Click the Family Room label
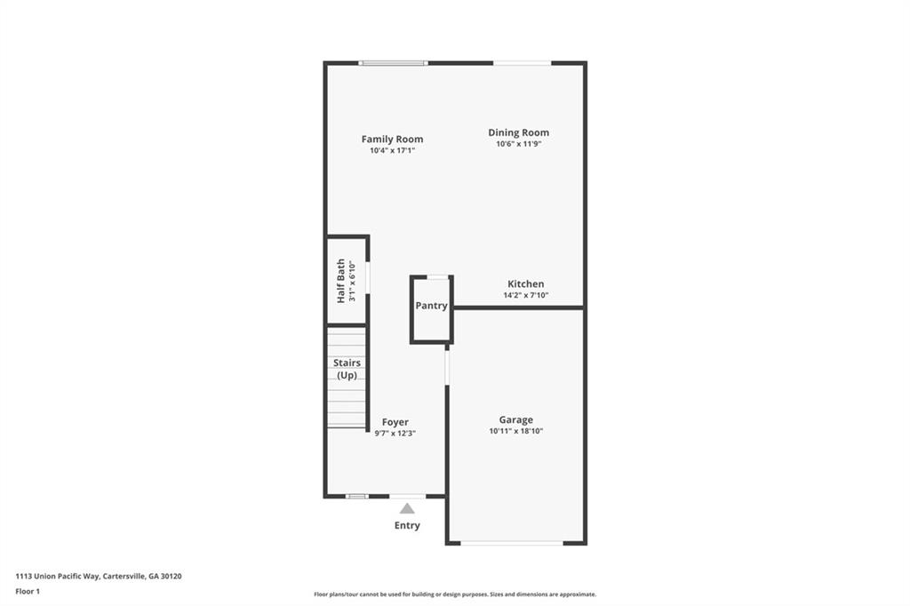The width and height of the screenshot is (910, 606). click(x=392, y=140)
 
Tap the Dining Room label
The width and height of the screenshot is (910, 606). click(x=518, y=132)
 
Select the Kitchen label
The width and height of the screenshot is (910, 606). click(x=525, y=284)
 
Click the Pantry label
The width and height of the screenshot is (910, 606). click(x=432, y=306)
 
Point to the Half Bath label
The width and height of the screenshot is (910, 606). click(x=340, y=281)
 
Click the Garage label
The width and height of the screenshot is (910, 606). click(x=515, y=420)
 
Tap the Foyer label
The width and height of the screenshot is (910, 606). click(x=395, y=422)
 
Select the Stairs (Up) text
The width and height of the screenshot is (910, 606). click(x=347, y=369)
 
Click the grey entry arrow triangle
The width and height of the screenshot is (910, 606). click(x=407, y=508)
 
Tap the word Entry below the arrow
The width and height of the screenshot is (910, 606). click(x=407, y=525)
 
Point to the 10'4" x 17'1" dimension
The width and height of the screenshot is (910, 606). click(x=392, y=151)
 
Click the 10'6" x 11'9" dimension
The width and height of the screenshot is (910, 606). click(x=518, y=144)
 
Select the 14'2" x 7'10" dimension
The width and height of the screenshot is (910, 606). click(x=525, y=295)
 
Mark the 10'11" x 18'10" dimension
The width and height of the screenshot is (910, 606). click(x=515, y=431)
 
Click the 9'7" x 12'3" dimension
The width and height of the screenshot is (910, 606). click(x=395, y=433)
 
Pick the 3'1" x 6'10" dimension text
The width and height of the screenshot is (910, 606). click(x=352, y=281)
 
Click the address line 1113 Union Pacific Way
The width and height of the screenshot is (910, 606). click(x=99, y=576)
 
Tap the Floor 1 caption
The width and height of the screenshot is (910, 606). click(x=28, y=591)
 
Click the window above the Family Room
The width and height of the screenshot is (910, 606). click(x=393, y=63)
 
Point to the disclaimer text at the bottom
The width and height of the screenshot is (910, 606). click(x=455, y=594)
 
